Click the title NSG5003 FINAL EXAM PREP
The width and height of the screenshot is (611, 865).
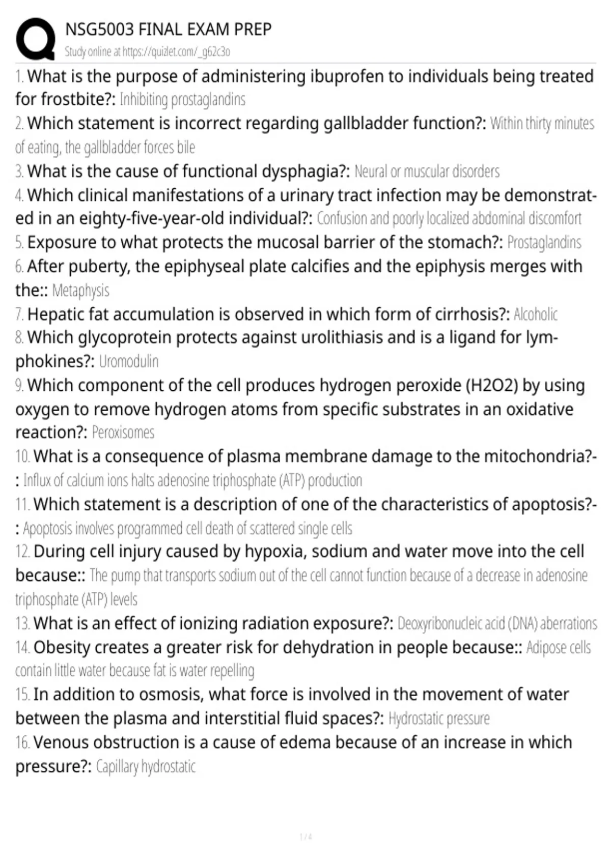coord(169,30)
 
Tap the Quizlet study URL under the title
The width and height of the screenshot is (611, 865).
coord(147,51)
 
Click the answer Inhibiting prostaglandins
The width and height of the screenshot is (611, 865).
coord(182,99)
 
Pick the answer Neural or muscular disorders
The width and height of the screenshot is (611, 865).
coord(427,171)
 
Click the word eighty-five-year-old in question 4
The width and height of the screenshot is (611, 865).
coord(145,218)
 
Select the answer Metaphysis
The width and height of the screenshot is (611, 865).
coord(80,291)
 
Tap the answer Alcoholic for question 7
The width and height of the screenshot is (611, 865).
coord(536,314)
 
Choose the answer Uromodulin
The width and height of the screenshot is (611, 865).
coord(129,361)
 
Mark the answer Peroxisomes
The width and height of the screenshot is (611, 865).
coord(123,432)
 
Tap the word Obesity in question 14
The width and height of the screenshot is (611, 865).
coord(62,647)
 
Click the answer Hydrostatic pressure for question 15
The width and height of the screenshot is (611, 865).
coord(439,718)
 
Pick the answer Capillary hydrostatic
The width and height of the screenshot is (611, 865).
coord(146,766)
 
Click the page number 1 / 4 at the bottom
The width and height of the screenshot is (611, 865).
coord(305,837)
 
